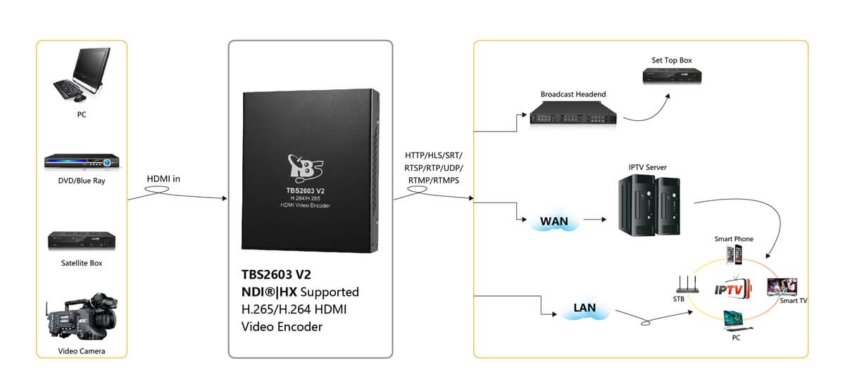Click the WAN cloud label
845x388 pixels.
[553, 221]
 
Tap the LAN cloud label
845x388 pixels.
[584, 308]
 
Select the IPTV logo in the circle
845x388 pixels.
[732, 290]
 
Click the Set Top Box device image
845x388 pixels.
[672, 75]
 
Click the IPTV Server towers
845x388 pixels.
[649, 205]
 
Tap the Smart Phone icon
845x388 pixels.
[734, 254]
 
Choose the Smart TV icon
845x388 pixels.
[782, 287]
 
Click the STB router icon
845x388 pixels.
[687, 285]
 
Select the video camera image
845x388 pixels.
[82, 316]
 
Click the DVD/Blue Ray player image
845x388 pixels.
[82, 161]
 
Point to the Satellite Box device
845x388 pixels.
[82, 240]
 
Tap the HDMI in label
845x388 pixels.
[163, 179]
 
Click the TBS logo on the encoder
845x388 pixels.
[305, 168]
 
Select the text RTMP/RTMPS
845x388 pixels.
[434, 181]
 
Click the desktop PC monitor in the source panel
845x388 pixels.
[92, 67]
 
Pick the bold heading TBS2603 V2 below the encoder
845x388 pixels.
[276, 275]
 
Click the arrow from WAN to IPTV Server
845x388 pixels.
[595, 219]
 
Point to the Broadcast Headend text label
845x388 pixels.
[573, 94]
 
